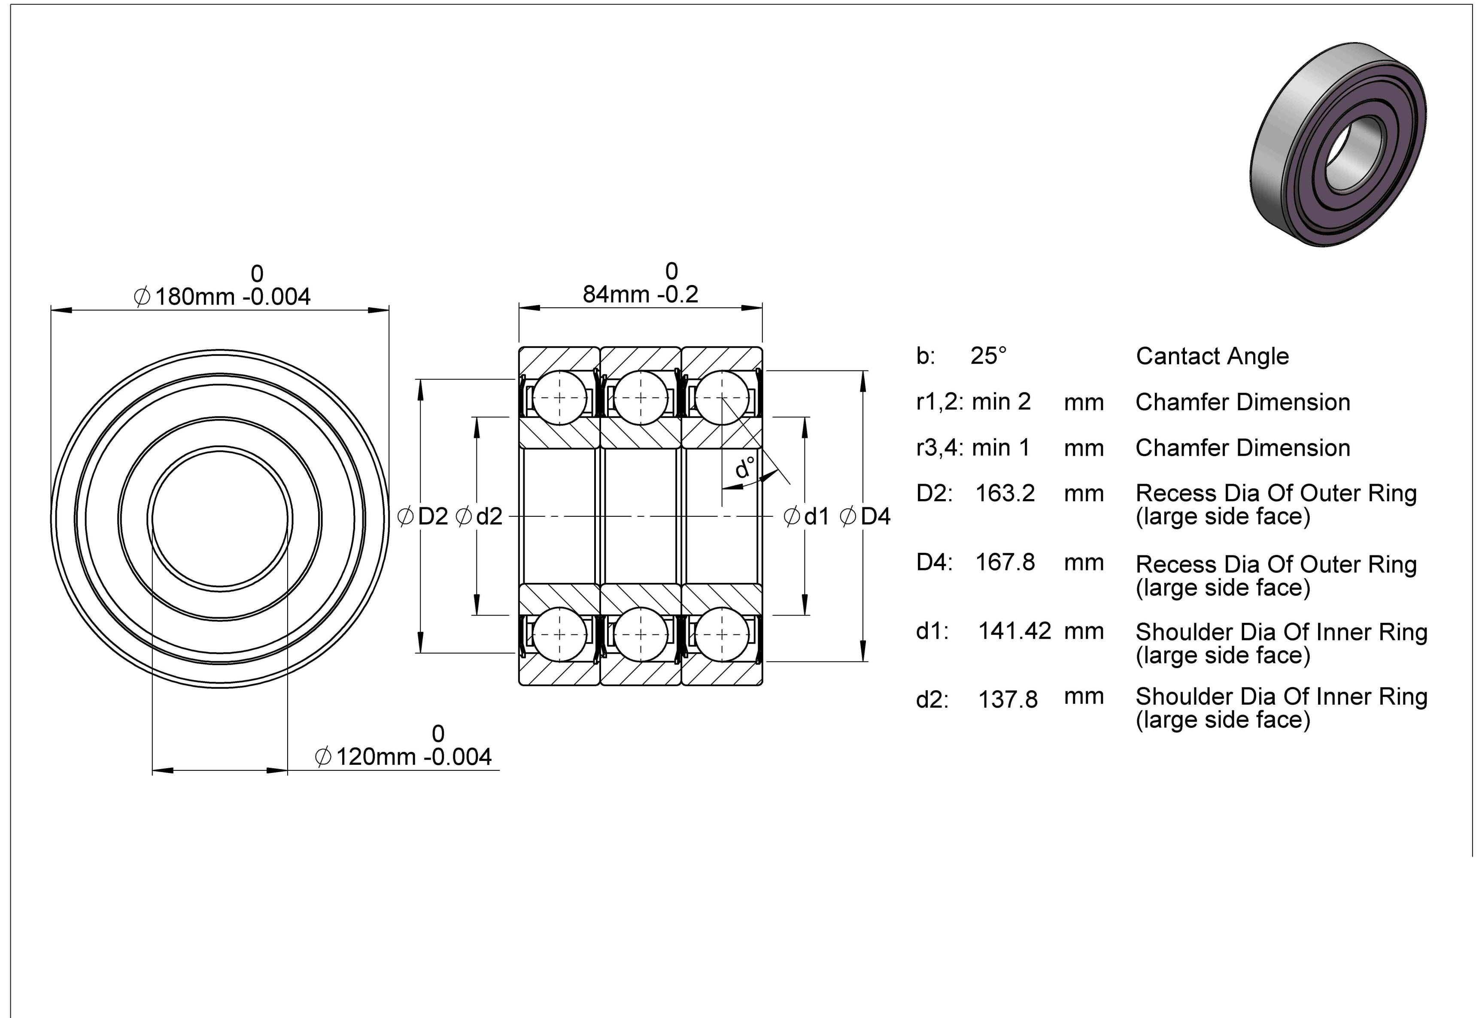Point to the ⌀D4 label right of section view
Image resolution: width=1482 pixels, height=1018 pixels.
click(x=865, y=516)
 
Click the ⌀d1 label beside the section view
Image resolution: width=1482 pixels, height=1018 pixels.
click(x=806, y=516)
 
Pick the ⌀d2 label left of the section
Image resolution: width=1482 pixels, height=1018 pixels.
click(x=479, y=516)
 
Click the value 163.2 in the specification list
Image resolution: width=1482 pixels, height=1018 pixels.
click(x=1005, y=493)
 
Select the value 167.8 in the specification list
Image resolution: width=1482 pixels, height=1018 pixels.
click(x=1005, y=562)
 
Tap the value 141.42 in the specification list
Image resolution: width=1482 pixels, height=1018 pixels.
click(x=1014, y=631)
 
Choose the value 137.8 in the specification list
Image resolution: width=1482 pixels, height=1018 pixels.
click(x=1008, y=700)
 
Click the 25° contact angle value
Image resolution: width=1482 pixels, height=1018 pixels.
click(x=988, y=355)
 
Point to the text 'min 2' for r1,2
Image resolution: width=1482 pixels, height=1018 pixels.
click(x=1001, y=401)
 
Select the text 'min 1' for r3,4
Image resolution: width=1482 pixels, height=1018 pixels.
click(x=1001, y=447)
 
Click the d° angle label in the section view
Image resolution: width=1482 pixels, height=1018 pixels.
click(x=744, y=467)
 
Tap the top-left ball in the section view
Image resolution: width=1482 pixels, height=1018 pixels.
click(x=559, y=397)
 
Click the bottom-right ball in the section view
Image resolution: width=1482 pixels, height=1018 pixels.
click(x=722, y=635)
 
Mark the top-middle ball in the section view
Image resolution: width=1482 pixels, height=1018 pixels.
click(x=641, y=397)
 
